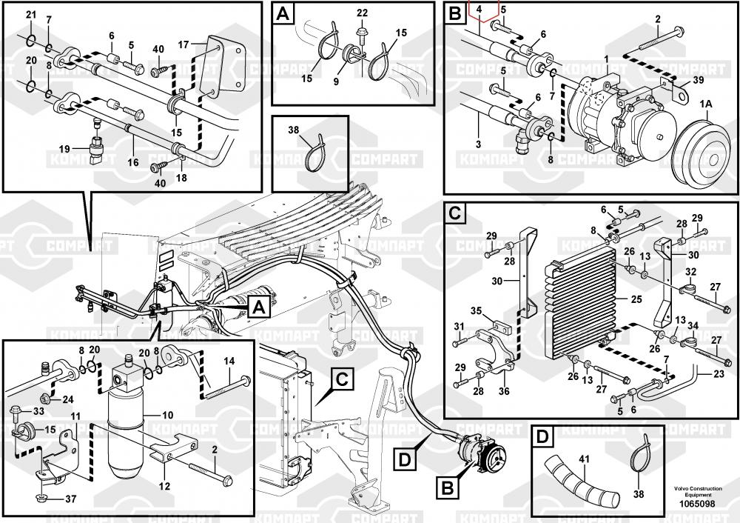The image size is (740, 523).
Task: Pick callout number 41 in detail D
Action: [583, 460]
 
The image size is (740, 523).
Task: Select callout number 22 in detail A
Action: [362, 13]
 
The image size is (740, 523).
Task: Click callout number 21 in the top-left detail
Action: [30, 15]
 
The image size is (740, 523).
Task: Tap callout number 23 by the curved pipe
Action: [718, 375]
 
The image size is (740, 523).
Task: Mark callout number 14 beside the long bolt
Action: [229, 361]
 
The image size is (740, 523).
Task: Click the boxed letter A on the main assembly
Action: [258, 305]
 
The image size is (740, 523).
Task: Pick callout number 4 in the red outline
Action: [480, 9]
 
